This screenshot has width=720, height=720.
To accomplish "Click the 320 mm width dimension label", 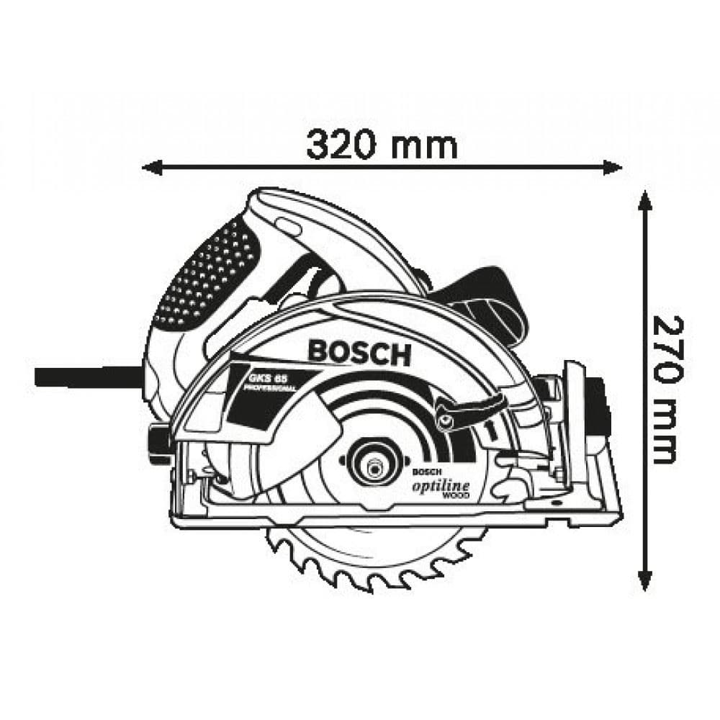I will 382,145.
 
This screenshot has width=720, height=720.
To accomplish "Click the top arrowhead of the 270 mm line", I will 646,199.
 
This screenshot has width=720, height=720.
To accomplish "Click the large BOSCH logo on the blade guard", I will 359,352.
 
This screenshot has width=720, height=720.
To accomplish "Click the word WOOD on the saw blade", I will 456,498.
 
